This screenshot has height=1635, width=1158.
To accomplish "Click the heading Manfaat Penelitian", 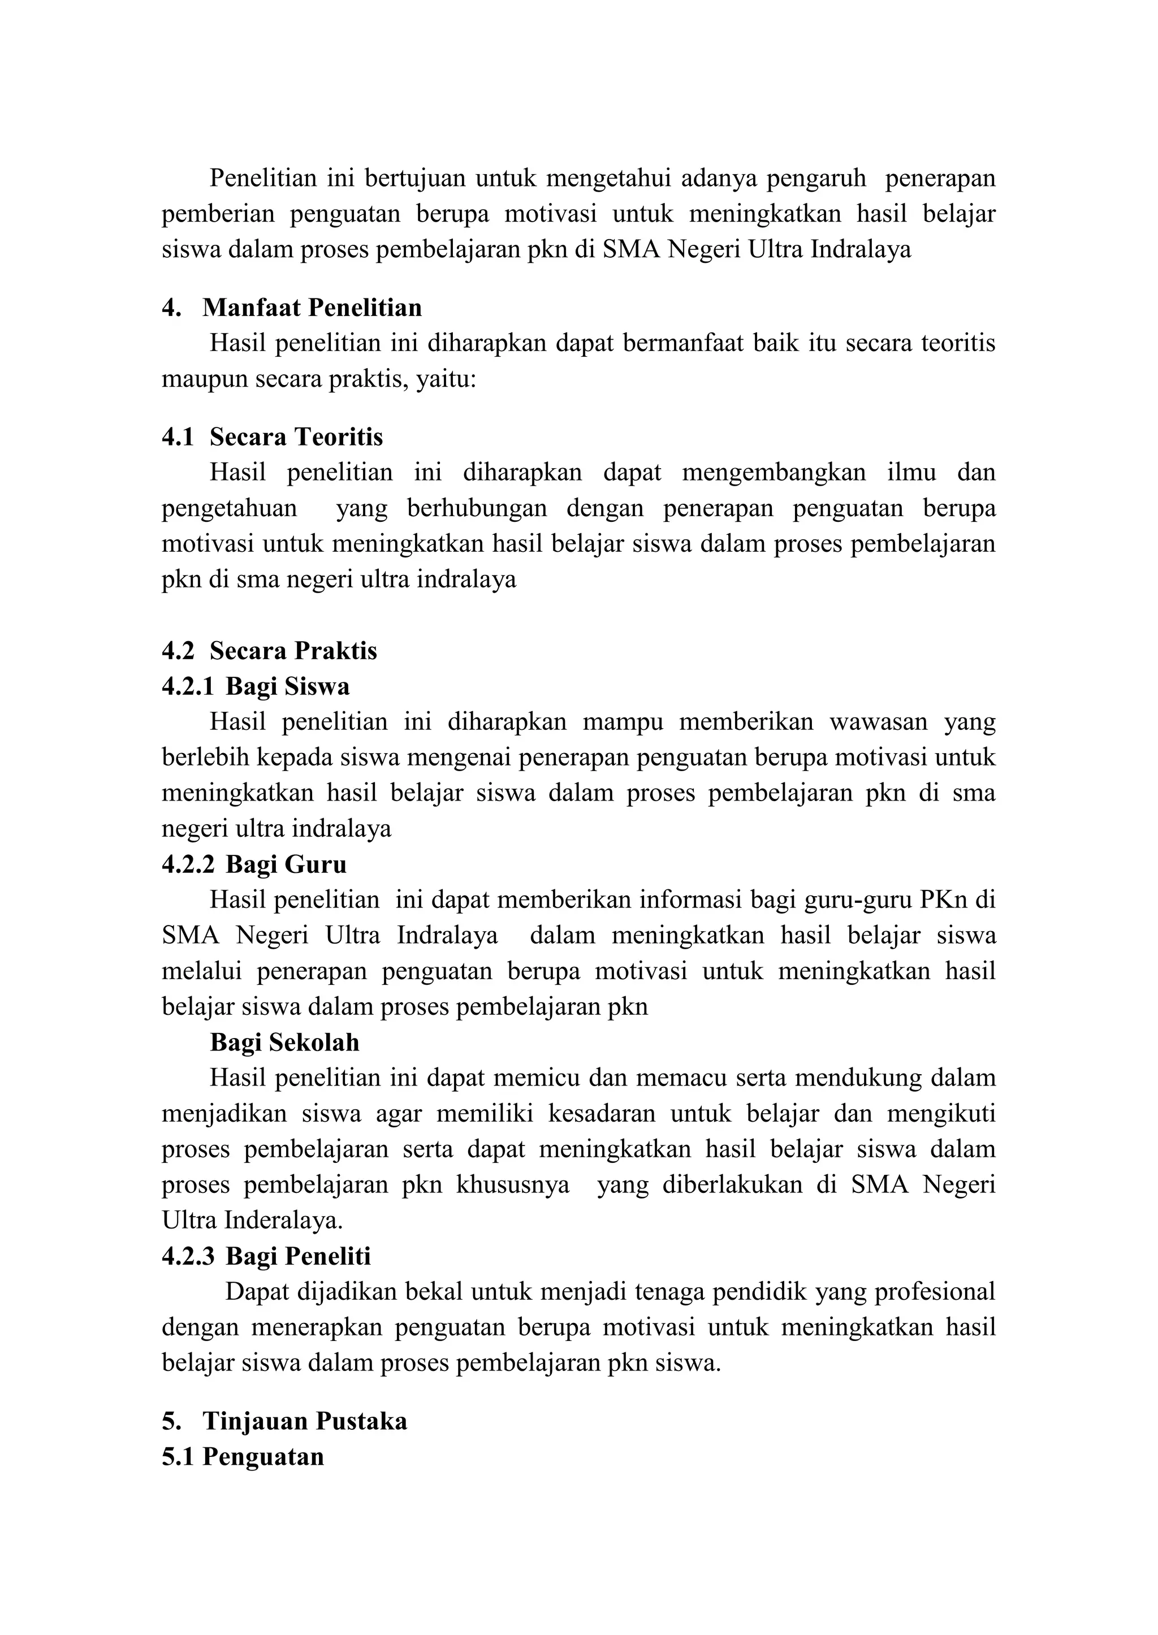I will click(312, 308).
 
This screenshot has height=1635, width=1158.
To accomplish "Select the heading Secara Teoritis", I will click(296, 436).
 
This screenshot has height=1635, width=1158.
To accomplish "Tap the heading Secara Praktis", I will click(293, 650).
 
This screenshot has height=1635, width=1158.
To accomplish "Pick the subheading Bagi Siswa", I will click(287, 686).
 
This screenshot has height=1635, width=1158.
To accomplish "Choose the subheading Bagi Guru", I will click(286, 864).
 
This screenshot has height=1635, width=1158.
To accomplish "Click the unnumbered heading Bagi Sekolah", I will click(284, 1043).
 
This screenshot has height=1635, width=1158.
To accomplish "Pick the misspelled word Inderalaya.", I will click(283, 1221).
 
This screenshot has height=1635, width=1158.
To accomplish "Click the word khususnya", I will click(513, 1185).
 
